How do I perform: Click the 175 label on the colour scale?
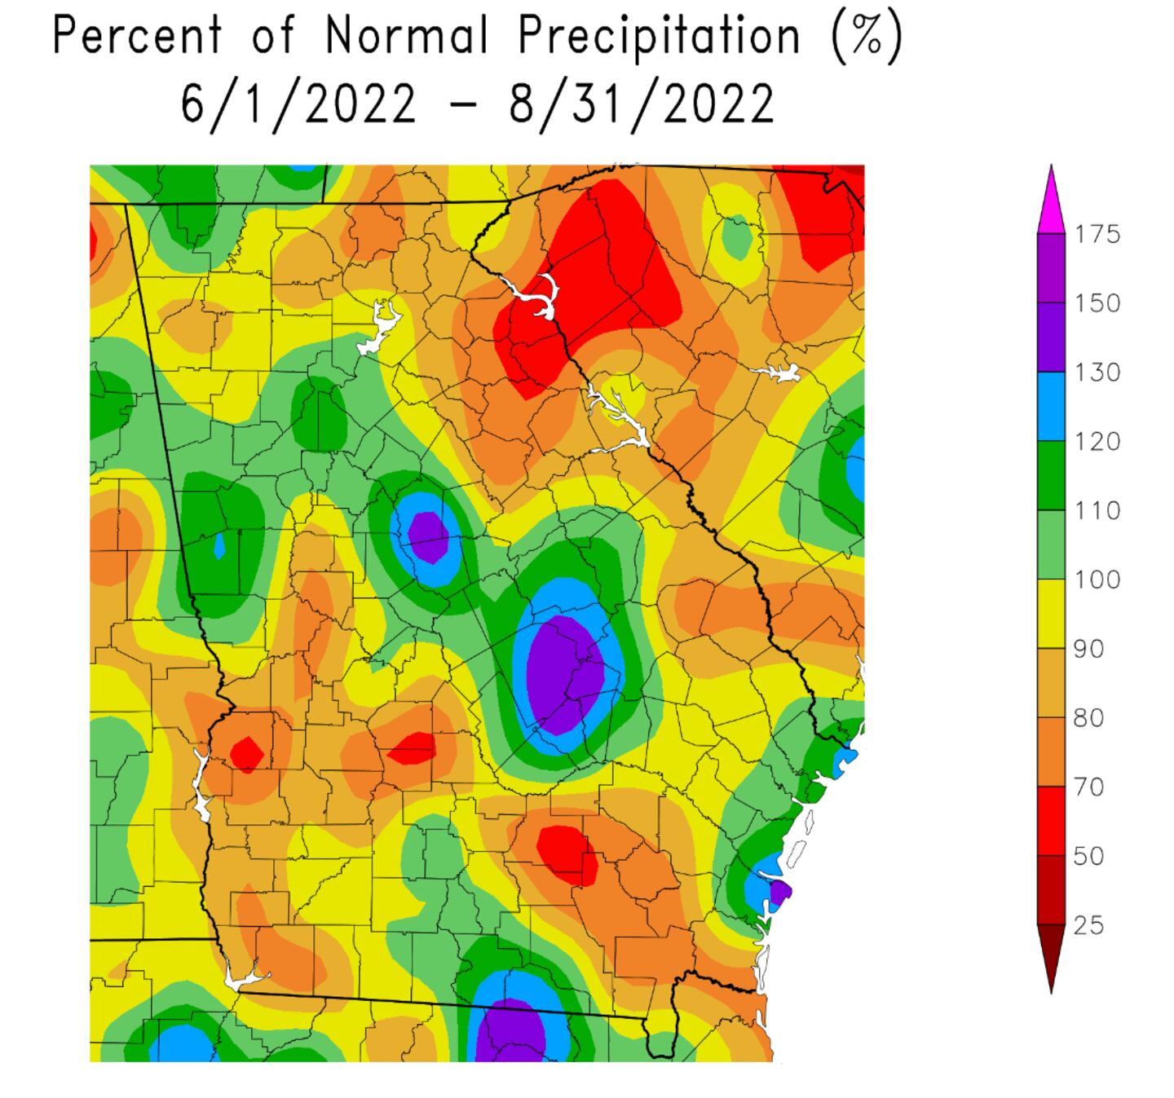coord(1097,235)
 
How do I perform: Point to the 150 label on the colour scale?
coord(1097,304)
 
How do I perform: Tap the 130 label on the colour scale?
coord(1097,373)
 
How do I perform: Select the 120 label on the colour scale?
coord(1097,442)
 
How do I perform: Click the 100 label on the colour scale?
coord(1097,580)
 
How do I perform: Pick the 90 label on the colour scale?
coord(1089,650)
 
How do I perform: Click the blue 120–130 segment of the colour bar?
coord(1051,407)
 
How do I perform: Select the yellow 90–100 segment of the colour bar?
coord(1051,614)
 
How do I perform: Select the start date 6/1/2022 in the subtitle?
coord(298,104)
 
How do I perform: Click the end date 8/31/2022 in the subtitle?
coord(642,104)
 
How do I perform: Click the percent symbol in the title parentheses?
coord(867,37)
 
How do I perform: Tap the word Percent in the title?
coord(138,37)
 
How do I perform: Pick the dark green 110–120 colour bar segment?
coord(1051,475)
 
